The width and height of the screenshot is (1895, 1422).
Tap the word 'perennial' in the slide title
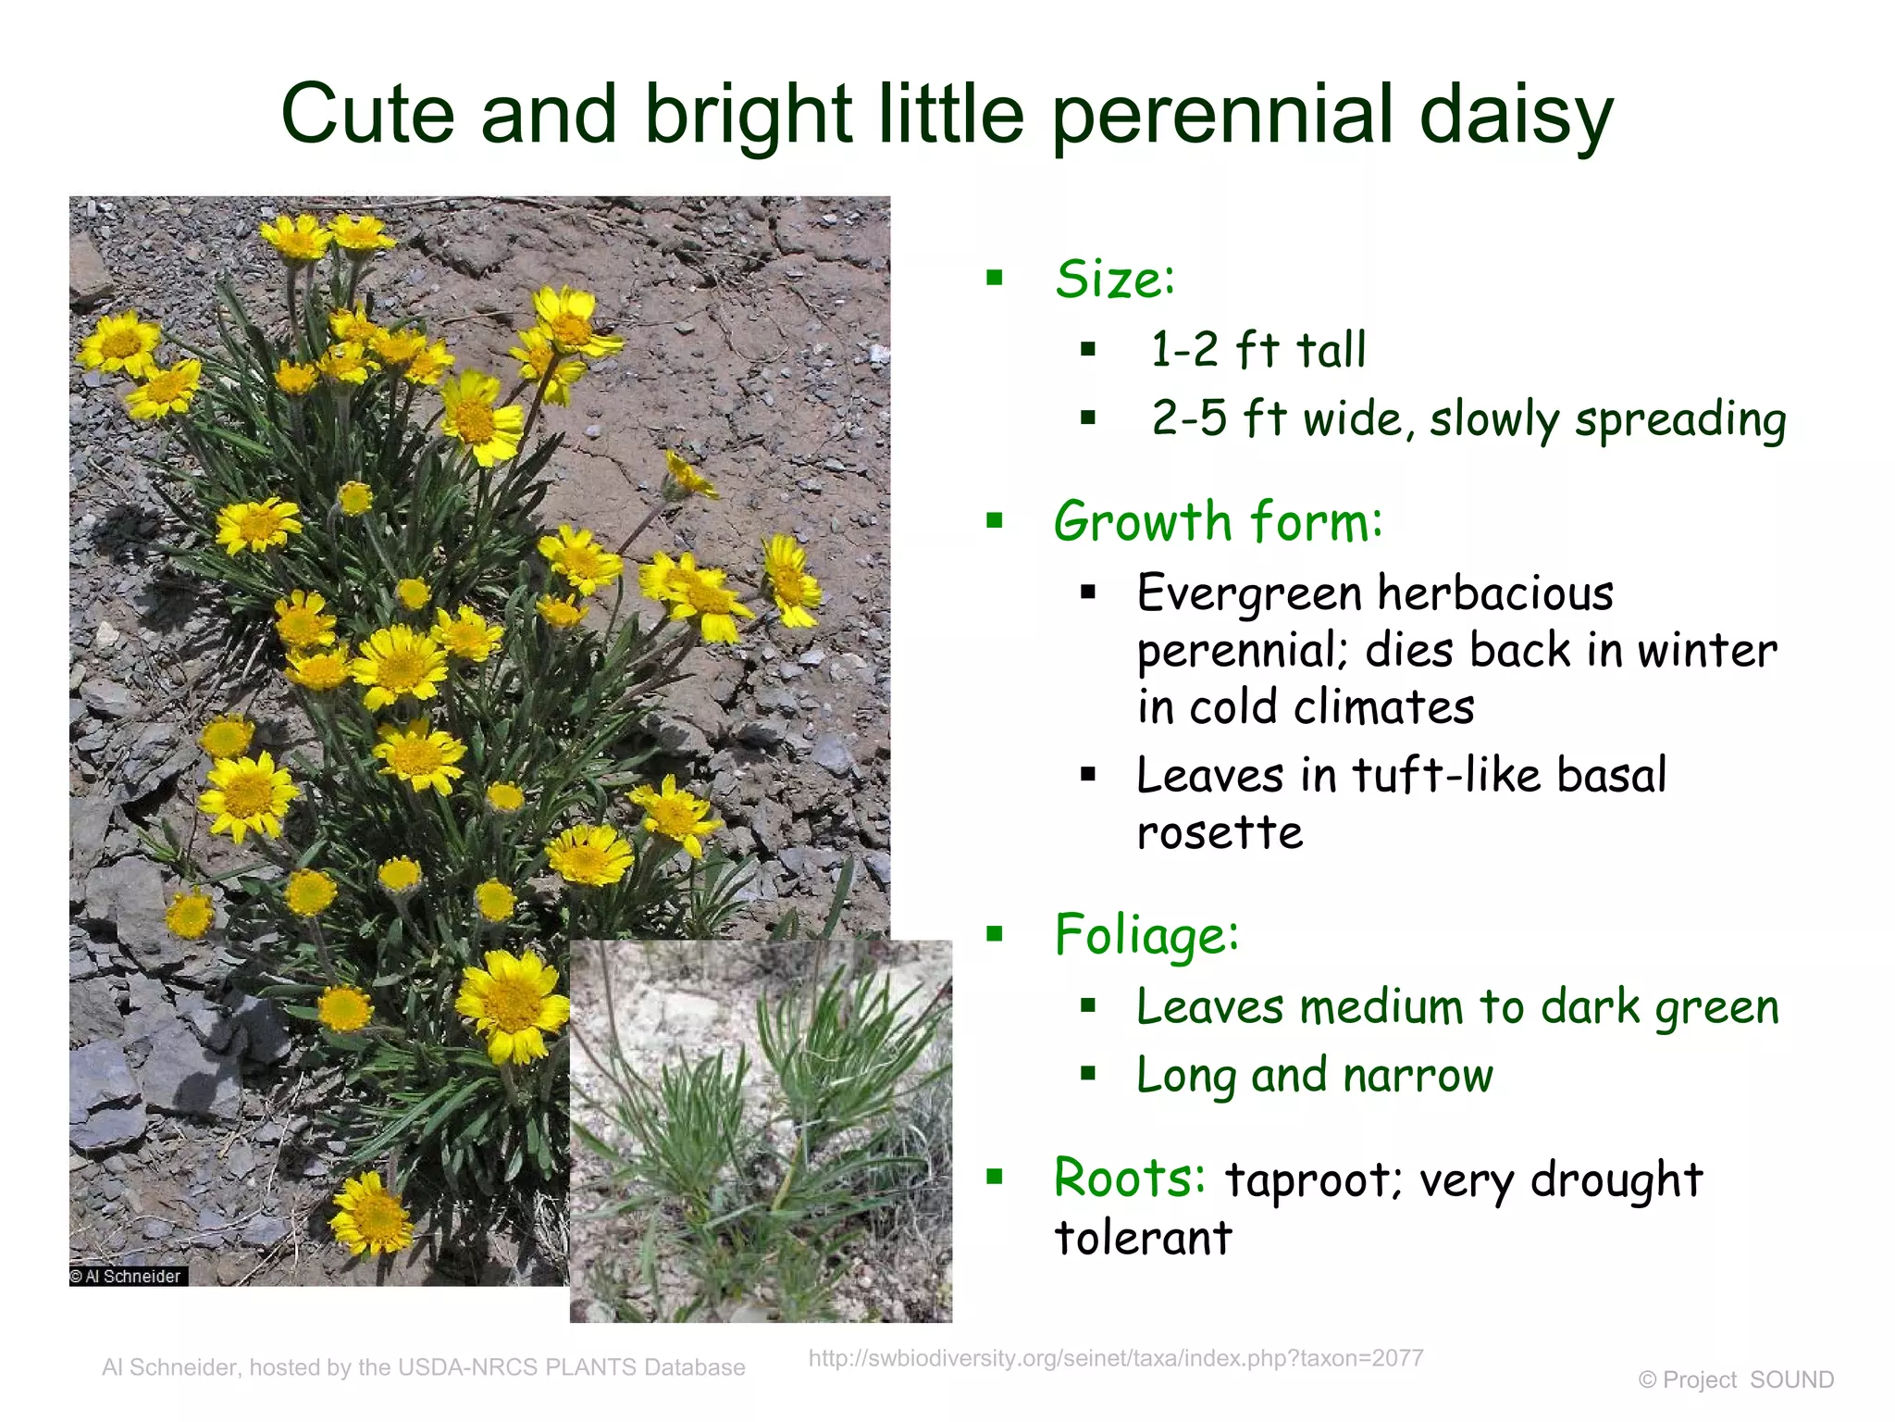coord(1221,115)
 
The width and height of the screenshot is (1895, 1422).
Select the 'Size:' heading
coord(1114,279)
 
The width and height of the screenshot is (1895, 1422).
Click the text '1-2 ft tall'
coord(1257,350)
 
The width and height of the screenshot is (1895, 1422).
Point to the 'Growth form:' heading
coord(1218,521)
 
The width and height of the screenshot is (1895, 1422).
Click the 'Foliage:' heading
coord(1146,934)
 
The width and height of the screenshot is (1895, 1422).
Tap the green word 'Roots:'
coord(1130,1179)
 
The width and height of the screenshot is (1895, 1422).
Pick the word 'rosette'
coord(1220,831)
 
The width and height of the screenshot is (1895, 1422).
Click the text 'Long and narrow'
coord(1314,1076)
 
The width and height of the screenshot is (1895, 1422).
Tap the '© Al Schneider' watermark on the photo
coord(128,1277)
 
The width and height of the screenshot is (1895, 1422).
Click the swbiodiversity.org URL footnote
coord(1115,1358)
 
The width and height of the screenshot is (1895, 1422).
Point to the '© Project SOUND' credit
coord(1735,1379)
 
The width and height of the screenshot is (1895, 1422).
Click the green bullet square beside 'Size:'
coord(995,278)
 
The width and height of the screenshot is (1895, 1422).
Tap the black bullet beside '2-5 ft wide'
coord(1088,418)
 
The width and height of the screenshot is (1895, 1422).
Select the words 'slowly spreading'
coord(1607,419)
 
